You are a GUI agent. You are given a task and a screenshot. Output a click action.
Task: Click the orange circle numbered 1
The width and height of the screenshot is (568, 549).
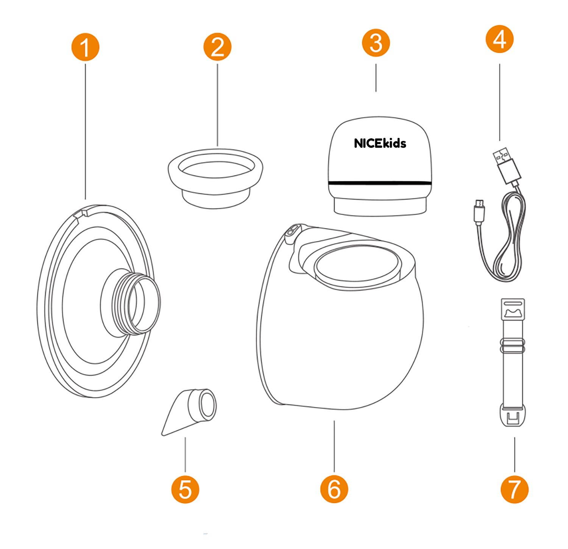pos(85,47)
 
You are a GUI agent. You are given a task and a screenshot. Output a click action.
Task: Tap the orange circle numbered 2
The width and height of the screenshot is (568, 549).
pos(217,47)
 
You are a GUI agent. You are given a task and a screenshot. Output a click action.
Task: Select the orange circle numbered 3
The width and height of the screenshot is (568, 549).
pos(376,43)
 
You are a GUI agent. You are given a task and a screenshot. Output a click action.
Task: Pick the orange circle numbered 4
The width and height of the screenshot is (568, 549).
pos(499,39)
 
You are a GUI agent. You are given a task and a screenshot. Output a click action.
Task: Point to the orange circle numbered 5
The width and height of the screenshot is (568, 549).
pos(185,489)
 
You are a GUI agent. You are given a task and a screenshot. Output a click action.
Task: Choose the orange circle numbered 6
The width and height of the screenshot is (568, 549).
pos(334,489)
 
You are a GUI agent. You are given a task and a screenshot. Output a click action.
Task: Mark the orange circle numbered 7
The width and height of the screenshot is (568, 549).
pos(514,489)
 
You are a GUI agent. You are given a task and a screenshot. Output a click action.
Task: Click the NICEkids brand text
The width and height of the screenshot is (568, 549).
pos(380,143)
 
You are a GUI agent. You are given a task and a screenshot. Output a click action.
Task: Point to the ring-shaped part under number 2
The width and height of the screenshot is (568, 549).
pos(215,178)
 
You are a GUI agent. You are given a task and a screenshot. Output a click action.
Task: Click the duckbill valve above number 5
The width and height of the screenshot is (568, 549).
pos(189,411)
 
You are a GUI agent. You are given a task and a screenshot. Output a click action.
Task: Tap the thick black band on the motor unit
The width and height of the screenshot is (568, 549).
pos(380,183)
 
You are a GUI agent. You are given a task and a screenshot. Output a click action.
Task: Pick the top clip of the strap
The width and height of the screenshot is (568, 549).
pos(513,309)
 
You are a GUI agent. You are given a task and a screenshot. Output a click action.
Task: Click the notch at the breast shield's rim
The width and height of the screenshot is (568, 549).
pos(80,212)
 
